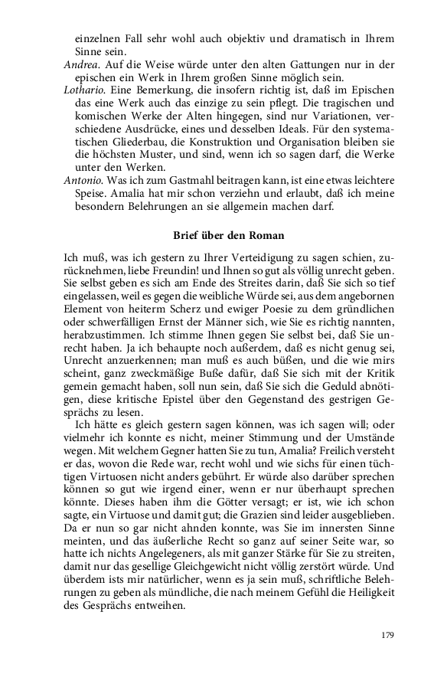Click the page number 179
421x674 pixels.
click(387, 635)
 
